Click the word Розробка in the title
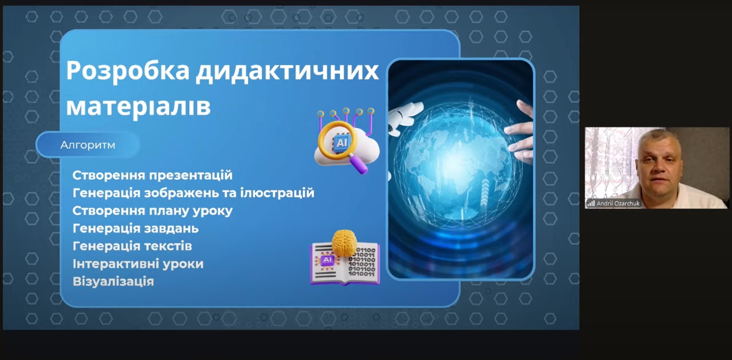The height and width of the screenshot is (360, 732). tap(128, 71)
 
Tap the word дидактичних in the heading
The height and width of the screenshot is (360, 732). tap(288, 71)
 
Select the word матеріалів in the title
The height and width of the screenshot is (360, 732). tap(138, 106)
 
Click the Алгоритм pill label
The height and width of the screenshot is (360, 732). tap(88, 145)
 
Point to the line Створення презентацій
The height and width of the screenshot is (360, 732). tap(152, 175)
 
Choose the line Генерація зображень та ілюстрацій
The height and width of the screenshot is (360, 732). tap(193, 193)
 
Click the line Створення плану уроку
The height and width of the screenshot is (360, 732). tap(152, 211)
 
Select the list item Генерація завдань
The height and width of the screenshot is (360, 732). tap(135, 228)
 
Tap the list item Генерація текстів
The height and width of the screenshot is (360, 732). tap(132, 246)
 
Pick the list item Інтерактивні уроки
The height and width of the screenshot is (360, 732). tap(138, 264)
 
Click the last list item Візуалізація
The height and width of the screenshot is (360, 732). tap(113, 281)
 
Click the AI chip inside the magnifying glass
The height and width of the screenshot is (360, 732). tap(341, 143)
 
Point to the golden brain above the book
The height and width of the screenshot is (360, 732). tap(344, 242)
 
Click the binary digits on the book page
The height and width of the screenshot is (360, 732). tap(362, 262)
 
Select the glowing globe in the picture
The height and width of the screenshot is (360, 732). tap(454, 160)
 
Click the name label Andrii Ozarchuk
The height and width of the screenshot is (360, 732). tap(618, 204)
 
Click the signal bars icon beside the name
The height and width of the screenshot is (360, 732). tap(591, 204)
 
